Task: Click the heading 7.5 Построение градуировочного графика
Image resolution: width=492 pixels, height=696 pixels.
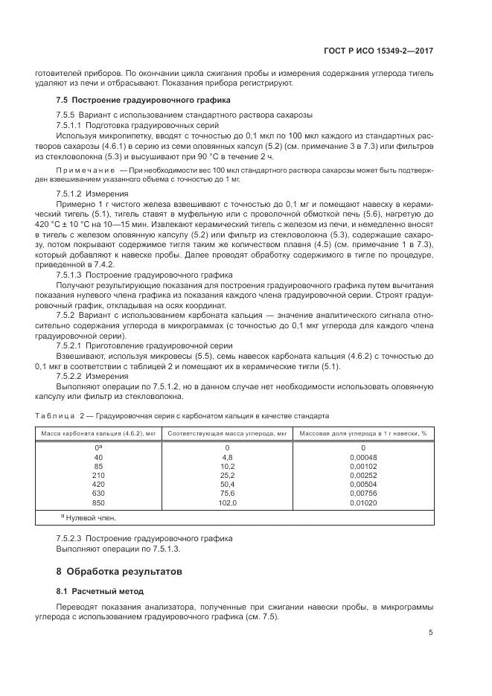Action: pos(143,99)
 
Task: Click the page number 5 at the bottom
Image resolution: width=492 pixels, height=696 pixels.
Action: pos(431,633)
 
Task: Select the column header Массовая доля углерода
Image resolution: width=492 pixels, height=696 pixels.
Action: pos(363,432)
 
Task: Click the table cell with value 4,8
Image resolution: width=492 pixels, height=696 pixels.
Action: pos(228,456)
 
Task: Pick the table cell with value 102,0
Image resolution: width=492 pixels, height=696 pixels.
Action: pos(227,502)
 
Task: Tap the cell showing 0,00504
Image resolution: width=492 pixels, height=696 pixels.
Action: pos(364,484)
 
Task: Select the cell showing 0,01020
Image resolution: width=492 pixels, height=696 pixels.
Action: pos(364,502)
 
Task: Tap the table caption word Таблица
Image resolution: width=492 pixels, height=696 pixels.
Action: pos(54,415)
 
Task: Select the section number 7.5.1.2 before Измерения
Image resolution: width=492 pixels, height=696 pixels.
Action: pos(71,193)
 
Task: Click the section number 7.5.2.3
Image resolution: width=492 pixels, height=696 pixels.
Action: pos(71,537)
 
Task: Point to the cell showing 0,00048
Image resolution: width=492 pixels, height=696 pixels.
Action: pos(364,456)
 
